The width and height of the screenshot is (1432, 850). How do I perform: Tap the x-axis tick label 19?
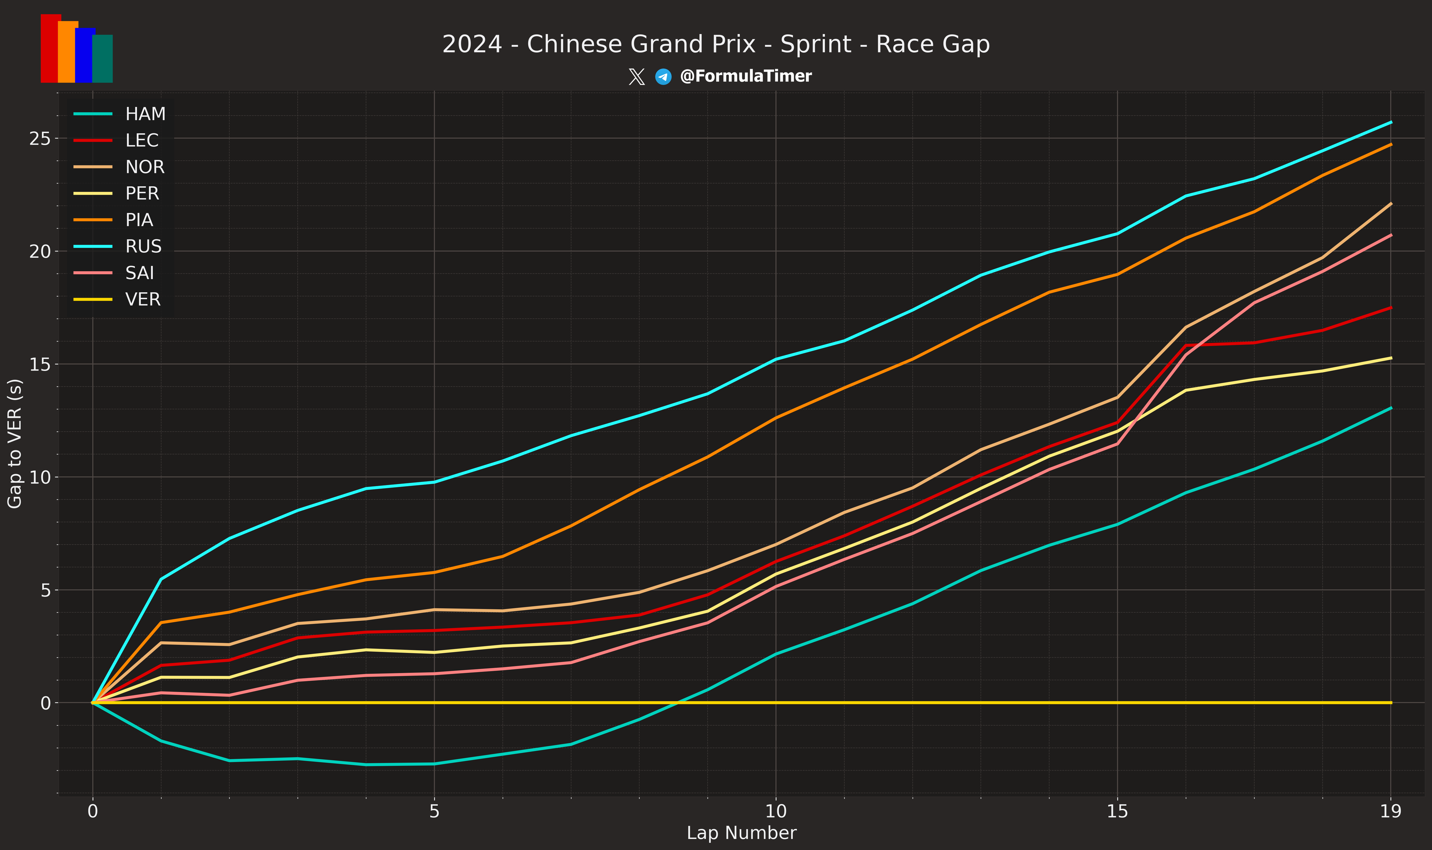[x=1391, y=812]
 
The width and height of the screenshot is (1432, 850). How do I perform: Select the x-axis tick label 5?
[x=434, y=812]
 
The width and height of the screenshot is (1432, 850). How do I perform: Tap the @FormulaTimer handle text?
[x=745, y=76]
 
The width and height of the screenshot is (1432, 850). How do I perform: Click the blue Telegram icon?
[x=663, y=76]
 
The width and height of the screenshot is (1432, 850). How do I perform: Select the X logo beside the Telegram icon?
[x=636, y=76]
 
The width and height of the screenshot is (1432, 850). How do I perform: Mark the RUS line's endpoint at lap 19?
[x=1391, y=122]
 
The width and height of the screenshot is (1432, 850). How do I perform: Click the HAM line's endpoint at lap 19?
[x=1391, y=408]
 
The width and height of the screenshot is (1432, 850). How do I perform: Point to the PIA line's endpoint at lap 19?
[x=1391, y=144]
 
